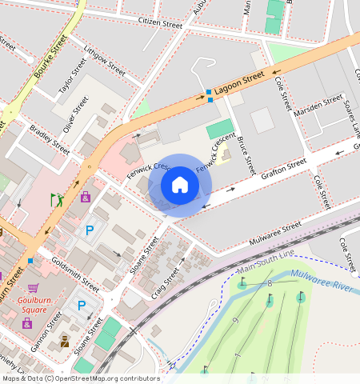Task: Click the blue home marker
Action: (180, 185)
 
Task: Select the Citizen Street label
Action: (161, 24)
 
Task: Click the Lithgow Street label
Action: (104, 62)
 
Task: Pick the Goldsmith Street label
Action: (74, 273)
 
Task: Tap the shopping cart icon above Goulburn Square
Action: (33, 288)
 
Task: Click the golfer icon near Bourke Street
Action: (57, 199)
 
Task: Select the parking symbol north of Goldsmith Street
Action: (89, 230)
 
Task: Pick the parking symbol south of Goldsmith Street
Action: (82, 305)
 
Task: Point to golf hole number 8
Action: (270, 284)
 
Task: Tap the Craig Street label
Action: (171, 277)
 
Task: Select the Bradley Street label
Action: (50, 138)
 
